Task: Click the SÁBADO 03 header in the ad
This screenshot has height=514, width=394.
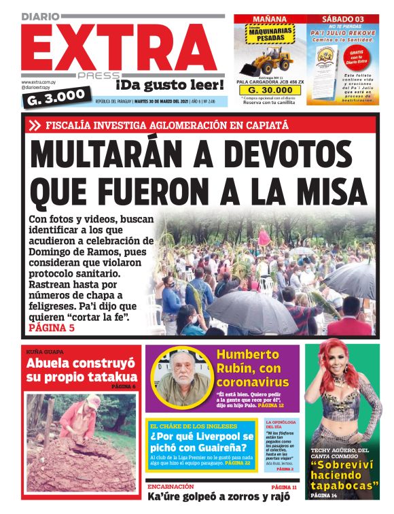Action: pyautogui.click(x=342, y=19)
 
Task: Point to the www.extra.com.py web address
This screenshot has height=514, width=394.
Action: pyautogui.click(x=40, y=82)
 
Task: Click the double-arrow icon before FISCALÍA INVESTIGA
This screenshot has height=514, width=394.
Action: pyautogui.click(x=35, y=125)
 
